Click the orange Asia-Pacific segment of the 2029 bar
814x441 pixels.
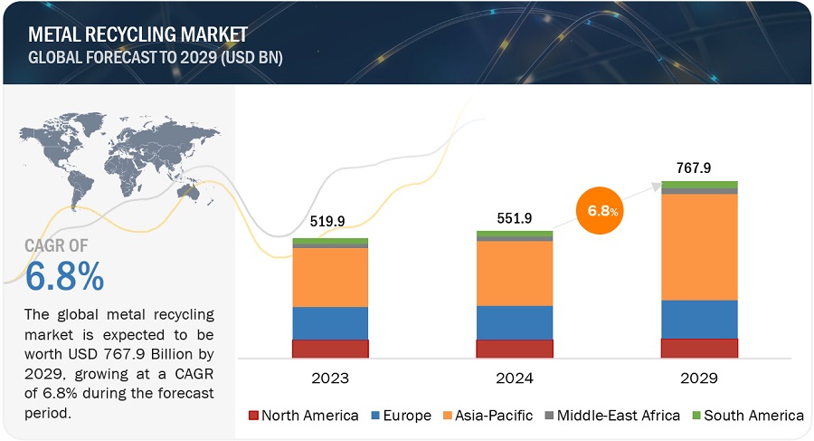(699, 246)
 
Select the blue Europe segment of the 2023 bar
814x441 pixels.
(330, 323)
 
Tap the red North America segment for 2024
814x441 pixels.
(515, 349)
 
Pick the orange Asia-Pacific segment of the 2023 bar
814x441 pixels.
(330, 277)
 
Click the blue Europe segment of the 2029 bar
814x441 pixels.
(699, 319)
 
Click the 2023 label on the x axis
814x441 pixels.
(329, 377)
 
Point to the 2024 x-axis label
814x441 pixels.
(515, 377)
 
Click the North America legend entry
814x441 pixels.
(303, 416)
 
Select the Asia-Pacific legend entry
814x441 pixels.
(485, 416)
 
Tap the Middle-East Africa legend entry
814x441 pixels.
(610, 416)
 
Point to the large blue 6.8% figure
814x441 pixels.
(64, 277)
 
